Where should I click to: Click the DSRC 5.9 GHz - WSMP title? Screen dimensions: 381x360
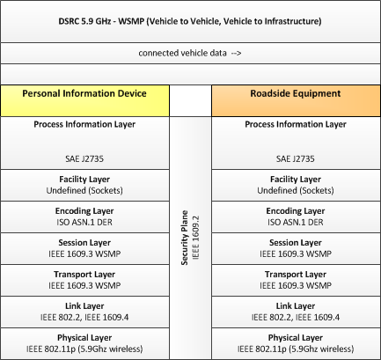190,21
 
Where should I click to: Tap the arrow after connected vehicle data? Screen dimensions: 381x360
236,53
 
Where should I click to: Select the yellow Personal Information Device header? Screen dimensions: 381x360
84,101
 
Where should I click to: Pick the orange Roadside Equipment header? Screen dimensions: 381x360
296,101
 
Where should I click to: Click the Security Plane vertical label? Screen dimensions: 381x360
185,238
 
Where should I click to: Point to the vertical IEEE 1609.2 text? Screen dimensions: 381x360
196,238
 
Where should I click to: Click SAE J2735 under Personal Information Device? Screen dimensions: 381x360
84,158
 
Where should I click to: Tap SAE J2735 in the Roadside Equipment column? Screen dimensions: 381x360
296,158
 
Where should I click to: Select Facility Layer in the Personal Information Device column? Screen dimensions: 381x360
84,180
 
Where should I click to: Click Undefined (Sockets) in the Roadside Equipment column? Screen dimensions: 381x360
296,190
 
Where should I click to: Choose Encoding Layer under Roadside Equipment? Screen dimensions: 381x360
296,211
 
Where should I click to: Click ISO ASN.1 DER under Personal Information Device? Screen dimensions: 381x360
84,222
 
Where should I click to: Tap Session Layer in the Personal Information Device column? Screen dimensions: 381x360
84,243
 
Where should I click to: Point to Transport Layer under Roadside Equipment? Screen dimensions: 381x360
296,275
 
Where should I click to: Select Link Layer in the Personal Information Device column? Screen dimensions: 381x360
84,306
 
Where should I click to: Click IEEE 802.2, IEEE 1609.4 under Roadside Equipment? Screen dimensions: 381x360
296,317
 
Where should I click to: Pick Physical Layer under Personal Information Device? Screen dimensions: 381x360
84,338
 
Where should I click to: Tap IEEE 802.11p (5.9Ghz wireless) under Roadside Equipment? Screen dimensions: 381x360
296,349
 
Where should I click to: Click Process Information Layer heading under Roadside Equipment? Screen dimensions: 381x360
296,124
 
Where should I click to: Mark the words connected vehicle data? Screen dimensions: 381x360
182,53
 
